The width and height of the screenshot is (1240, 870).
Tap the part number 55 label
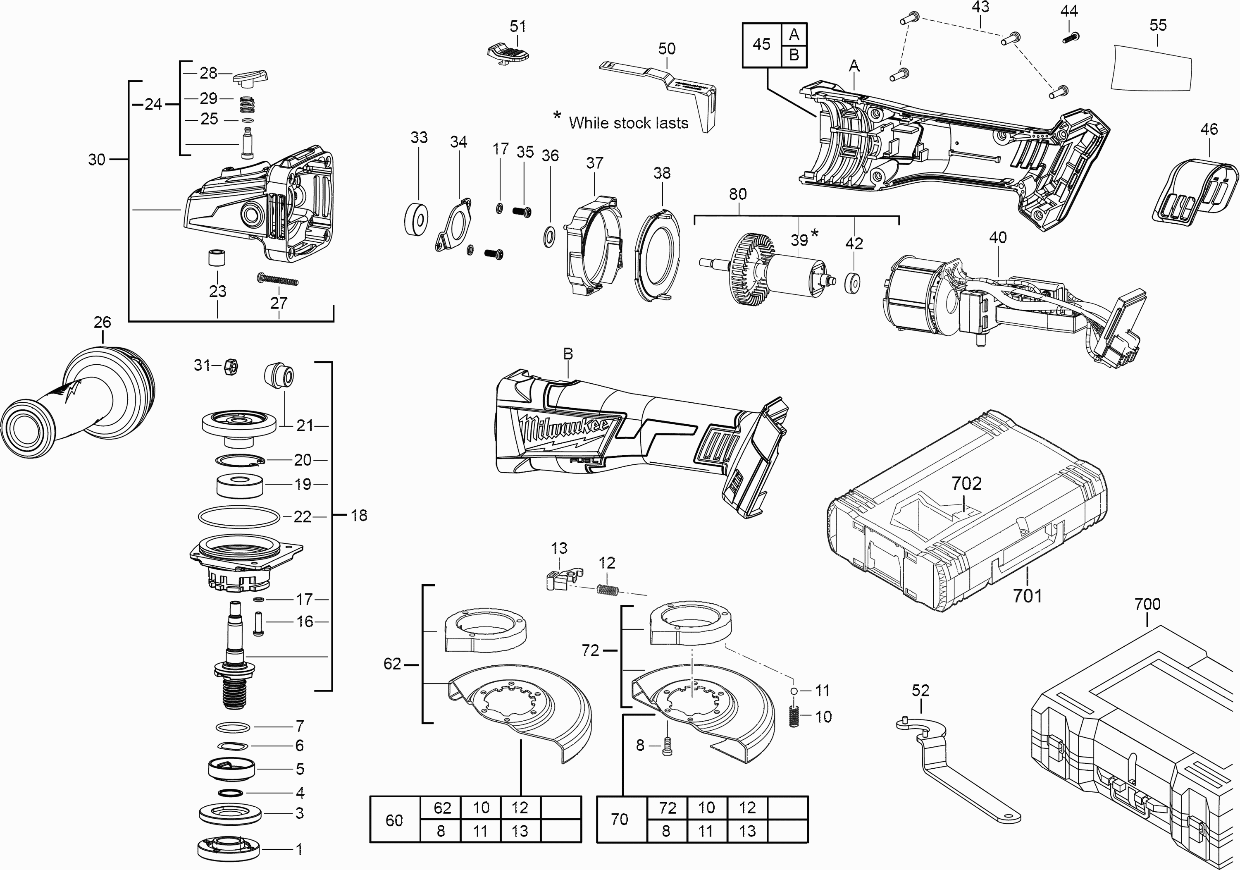click(1158, 25)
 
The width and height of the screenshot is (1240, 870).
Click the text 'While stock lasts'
click(628, 123)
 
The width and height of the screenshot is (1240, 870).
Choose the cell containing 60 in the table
click(394, 820)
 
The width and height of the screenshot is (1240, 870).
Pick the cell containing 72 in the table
click(668, 808)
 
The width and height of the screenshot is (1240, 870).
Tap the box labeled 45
click(761, 44)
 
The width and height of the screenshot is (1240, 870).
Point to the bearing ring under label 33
click(416, 218)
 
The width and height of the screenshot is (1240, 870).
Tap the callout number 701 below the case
click(1027, 596)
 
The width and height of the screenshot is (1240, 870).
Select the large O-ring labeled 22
click(239, 516)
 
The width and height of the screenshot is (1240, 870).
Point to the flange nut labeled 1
click(229, 849)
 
